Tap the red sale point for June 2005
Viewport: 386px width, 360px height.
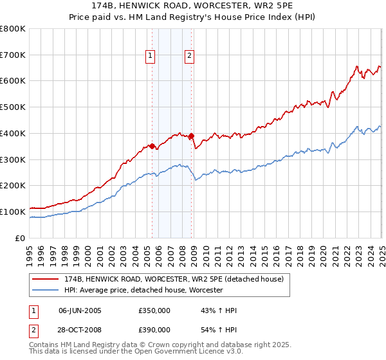(152, 146)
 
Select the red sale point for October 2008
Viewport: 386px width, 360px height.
(192, 136)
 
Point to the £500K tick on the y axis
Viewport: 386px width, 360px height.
(14, 107)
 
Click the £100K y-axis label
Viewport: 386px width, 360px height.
(14, 212)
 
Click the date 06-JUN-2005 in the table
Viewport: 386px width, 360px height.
(80, 310)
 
